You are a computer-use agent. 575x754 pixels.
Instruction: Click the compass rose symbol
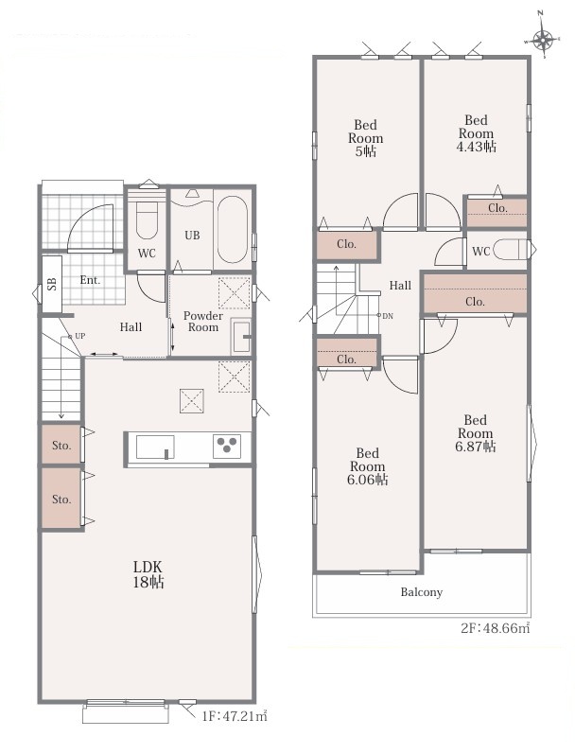pyautogui.click(x=543, y=40)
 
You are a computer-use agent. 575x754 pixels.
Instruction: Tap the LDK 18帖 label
pyautogui.click(x=148, y=574)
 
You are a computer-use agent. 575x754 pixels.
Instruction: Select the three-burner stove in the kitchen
pyautogui.click(x=227, y=446)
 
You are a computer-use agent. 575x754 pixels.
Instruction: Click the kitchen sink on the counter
pyautogui.click(x=155, y=447)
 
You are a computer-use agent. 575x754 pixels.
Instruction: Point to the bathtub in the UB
pyautogui.click(x=233, y=229)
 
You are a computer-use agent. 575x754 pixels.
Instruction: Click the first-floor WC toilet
pyautogui.click(x=147, y=220)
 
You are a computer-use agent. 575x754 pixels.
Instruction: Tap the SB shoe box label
pyautogui.click(x=52, y=284)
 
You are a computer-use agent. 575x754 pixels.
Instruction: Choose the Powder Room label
pyautogui.click(x=203, y=322)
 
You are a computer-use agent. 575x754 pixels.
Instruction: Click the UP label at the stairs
pyautogui.click(x=79, y=336)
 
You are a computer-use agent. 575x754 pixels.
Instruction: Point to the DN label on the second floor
pyautogui.click(x=388, y=316)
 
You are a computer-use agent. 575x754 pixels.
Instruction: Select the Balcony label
pyautogui.click(x=422, y=592)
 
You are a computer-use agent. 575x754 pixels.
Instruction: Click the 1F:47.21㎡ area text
pyautogui.click(x=235, y=716)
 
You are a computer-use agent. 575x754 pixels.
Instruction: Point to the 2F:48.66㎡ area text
pyautogui.click(x=496, y=628)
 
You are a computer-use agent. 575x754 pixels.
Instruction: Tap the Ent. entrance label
pyautogui.click(x=90, y=280)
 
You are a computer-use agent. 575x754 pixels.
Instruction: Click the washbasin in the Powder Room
pyautogui.click(x=240, y=336)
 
